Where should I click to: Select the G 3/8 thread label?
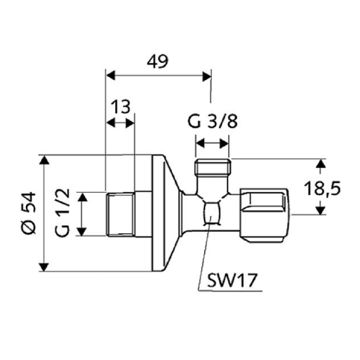pyautogui.click(x=213, y=122)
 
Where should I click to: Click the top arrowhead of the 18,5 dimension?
pyautogui.click(x=320, y=164)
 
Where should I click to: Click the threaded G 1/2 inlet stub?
pyautogui.click(x=121, y=214)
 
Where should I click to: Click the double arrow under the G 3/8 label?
pyautogui.click(x=212, y=142)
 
